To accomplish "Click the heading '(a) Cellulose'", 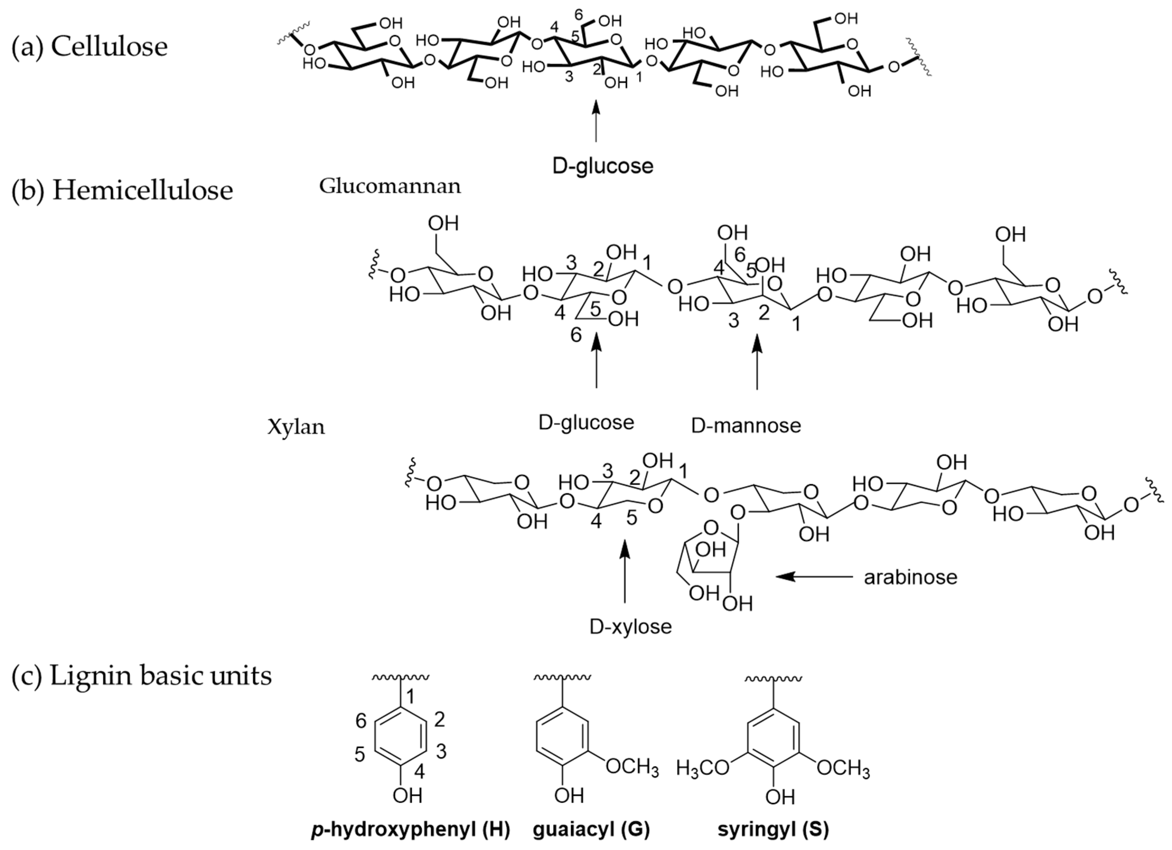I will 89,47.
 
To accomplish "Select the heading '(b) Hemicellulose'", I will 122,191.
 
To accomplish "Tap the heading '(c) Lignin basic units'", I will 141,676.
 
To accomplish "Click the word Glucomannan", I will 390,186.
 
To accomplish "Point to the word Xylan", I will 296,427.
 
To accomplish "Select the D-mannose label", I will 746,425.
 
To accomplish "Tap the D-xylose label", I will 630,627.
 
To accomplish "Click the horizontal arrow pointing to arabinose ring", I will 814,576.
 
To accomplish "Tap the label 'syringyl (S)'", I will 773,830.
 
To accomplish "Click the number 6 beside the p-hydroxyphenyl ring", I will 361,720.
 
